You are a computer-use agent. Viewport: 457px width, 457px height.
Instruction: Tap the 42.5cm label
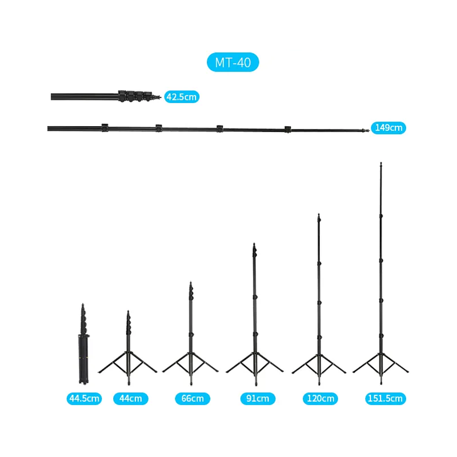click(182, 97)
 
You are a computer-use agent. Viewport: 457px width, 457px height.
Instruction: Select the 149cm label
click(388, 128)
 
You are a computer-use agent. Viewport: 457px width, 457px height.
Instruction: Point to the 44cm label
click(131, 398)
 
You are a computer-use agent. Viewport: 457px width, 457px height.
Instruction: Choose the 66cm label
click(192, 398)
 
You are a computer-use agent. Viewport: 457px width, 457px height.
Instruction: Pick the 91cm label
click(254, 398)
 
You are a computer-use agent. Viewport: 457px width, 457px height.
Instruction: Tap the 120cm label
click(320, 398)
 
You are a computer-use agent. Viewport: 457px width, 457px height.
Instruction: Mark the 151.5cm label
click(384, 398)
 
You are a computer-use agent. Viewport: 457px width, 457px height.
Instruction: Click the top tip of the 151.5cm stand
click(381, 165)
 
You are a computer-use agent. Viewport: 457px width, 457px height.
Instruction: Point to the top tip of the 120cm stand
click(319, 216)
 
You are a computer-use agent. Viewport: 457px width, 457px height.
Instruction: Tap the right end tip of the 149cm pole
click(367, 130)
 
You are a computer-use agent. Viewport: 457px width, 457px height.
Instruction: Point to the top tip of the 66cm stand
click(191, 283)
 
